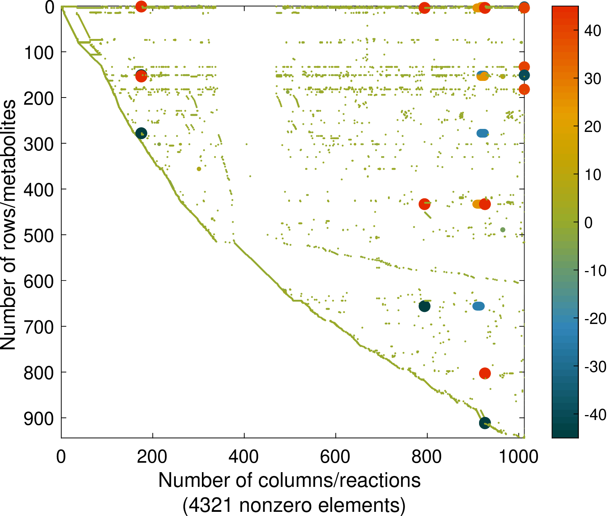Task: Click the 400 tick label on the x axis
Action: (x=244, y=457)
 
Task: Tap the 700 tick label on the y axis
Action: (x=39, y=327)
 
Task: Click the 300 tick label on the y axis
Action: (x=39, y=144)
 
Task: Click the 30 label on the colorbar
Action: (x=592, y=79)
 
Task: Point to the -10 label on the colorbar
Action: (x=594, y=271)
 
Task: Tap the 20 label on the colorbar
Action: (x=592, y=127)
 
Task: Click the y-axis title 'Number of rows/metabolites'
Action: (x=8, y=225)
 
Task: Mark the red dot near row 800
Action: (x=485, y=373)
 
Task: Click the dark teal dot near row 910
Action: (x=485, y=423)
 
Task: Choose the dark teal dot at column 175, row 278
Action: (x=141, y=133)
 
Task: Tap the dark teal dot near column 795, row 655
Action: (x=424, y=307)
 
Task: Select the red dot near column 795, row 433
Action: (x=425, y=204)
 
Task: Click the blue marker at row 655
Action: (x=479, y=306)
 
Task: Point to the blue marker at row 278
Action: (x=482, y=133)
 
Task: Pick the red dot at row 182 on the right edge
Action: (x=524, y=90)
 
